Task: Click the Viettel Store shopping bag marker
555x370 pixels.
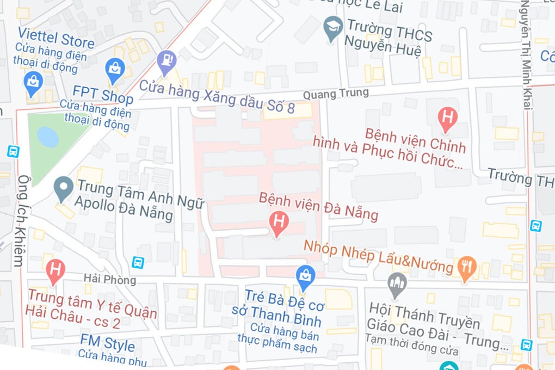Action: coord(33,83)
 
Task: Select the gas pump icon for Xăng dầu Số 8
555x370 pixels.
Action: coord(166,60)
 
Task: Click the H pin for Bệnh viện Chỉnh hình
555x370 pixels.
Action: coord(447,118)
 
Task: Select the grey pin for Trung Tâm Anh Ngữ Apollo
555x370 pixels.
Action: coord(64,188)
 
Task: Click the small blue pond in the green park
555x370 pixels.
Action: coord(48,137)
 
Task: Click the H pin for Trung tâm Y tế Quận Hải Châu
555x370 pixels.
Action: coord(55,270)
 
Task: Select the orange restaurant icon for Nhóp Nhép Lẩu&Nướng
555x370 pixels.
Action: coord(467,267)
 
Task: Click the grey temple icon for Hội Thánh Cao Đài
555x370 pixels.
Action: coord(397,283)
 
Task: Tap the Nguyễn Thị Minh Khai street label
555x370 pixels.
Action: coord(526,54)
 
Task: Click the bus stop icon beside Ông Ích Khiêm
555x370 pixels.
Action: coord(13,151)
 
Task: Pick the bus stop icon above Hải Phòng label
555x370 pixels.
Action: coord(138,262)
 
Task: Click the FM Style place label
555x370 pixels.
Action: coord(107,344)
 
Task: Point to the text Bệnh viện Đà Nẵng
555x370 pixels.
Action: coord(318,206)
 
